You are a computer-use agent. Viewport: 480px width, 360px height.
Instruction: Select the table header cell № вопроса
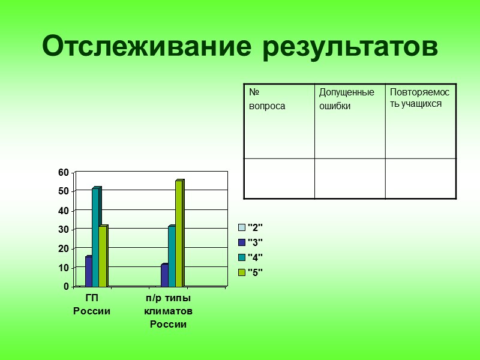[279, 121]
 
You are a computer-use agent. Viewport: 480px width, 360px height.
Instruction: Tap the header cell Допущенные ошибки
[349, 121]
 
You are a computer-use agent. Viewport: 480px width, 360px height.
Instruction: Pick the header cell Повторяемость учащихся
[420, 121]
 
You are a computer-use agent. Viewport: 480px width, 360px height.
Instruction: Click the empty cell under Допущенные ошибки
[349, 178]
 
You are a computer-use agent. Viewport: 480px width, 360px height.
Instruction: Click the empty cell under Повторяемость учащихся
[420, 178]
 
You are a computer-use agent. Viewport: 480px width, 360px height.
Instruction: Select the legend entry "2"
[251, 227]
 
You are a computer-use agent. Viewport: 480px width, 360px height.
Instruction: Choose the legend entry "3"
[251, 242]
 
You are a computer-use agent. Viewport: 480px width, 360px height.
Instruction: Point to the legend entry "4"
[251, 257]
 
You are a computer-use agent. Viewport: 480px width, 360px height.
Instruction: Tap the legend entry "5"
[251, 272]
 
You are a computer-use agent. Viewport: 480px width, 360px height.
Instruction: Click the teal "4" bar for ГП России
[96, 237]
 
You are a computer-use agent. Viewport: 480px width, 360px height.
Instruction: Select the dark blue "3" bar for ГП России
[89, 271]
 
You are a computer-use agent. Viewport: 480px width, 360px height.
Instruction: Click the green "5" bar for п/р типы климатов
[179, 233]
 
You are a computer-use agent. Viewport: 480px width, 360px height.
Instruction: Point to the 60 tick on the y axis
[64, 172]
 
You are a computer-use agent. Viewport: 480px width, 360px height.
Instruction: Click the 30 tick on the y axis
[64, 229]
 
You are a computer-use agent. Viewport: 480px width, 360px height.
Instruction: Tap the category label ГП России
[92, 304]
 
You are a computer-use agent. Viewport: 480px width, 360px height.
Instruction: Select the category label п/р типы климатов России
[168, 311]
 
